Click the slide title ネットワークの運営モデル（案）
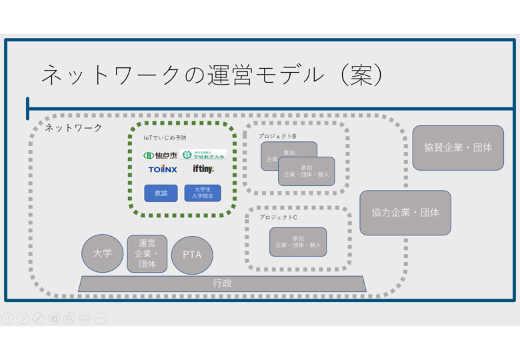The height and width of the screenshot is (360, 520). tap(212, 75)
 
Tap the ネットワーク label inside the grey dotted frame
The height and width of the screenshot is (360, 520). tap(73, 127)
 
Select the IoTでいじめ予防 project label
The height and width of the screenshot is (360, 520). tap(165, 138)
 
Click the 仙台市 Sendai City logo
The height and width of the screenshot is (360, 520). tap(160, 155)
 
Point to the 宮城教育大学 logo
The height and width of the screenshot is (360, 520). tap(204, 155)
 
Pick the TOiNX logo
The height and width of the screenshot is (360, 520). tap(163, 169)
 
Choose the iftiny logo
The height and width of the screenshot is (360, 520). tap(203, 169)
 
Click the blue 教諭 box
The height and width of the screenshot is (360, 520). tap(161, 193)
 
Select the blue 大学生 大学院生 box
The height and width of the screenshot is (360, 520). tap(203, 193)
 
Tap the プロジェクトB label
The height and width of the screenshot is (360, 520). tap(277, 136)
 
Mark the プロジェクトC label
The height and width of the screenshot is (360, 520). tap(278, 217)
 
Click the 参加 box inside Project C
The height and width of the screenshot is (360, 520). tap(298, 242)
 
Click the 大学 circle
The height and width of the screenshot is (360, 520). tap(103, 253)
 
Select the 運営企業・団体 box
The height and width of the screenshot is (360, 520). tap(147, 253)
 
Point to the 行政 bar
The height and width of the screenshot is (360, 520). tap(223, 283)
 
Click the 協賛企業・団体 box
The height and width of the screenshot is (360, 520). tap(458, 147)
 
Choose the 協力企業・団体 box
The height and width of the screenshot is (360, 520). tap(405, 213)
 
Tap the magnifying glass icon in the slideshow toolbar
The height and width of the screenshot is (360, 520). tap(69, 319)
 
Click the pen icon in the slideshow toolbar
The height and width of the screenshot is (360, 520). tap(39, 319)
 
